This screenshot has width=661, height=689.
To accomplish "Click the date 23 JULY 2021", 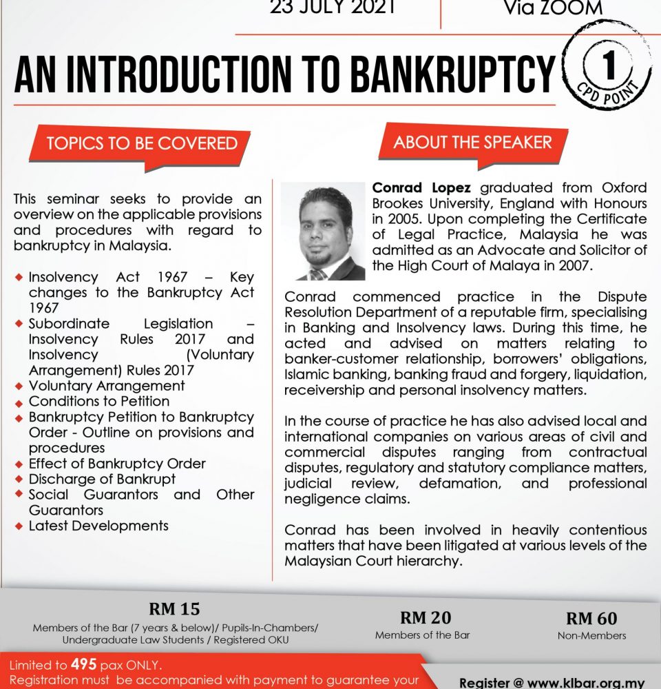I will (x=333, y=8).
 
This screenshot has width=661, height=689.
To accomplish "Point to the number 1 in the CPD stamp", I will (x=607, y=68).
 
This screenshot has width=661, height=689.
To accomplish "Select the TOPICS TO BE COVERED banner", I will (x=141, y=143).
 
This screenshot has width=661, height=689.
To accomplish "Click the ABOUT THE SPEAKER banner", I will (x=472, y=143).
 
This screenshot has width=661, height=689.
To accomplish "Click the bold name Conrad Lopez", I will (x=423, y=187).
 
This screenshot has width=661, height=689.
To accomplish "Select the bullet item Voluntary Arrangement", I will (x=107, y=385).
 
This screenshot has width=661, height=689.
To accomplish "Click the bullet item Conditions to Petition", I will (x=98, y=401).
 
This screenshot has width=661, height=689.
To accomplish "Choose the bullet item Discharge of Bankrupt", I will (x=102, y=479).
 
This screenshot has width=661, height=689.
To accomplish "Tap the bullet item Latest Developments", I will (x=98, y=526).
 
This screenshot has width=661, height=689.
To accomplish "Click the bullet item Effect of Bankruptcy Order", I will (x=117, y=464).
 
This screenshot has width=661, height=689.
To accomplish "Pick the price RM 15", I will (x=174, y=609).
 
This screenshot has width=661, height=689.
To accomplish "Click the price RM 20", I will (x=426, y=617).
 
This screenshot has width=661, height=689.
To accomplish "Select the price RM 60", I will (x=591, y=618).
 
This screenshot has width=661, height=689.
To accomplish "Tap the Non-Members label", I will (x=591, y=635).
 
